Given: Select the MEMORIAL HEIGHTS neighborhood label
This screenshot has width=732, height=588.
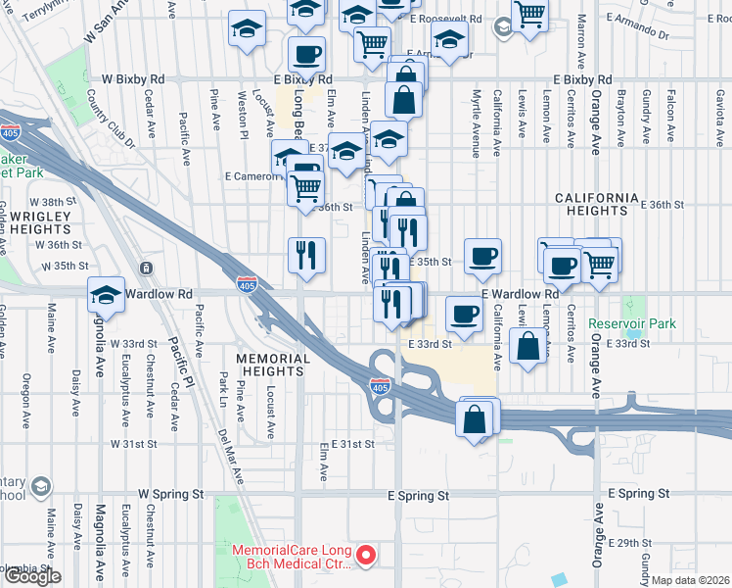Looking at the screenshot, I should coord(273,366).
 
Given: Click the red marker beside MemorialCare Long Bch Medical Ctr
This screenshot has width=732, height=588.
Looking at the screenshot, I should coord(367,557).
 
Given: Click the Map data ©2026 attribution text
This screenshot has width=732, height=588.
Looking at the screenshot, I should coord(691,580).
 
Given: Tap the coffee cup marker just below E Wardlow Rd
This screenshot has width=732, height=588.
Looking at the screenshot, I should coord(465,315).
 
